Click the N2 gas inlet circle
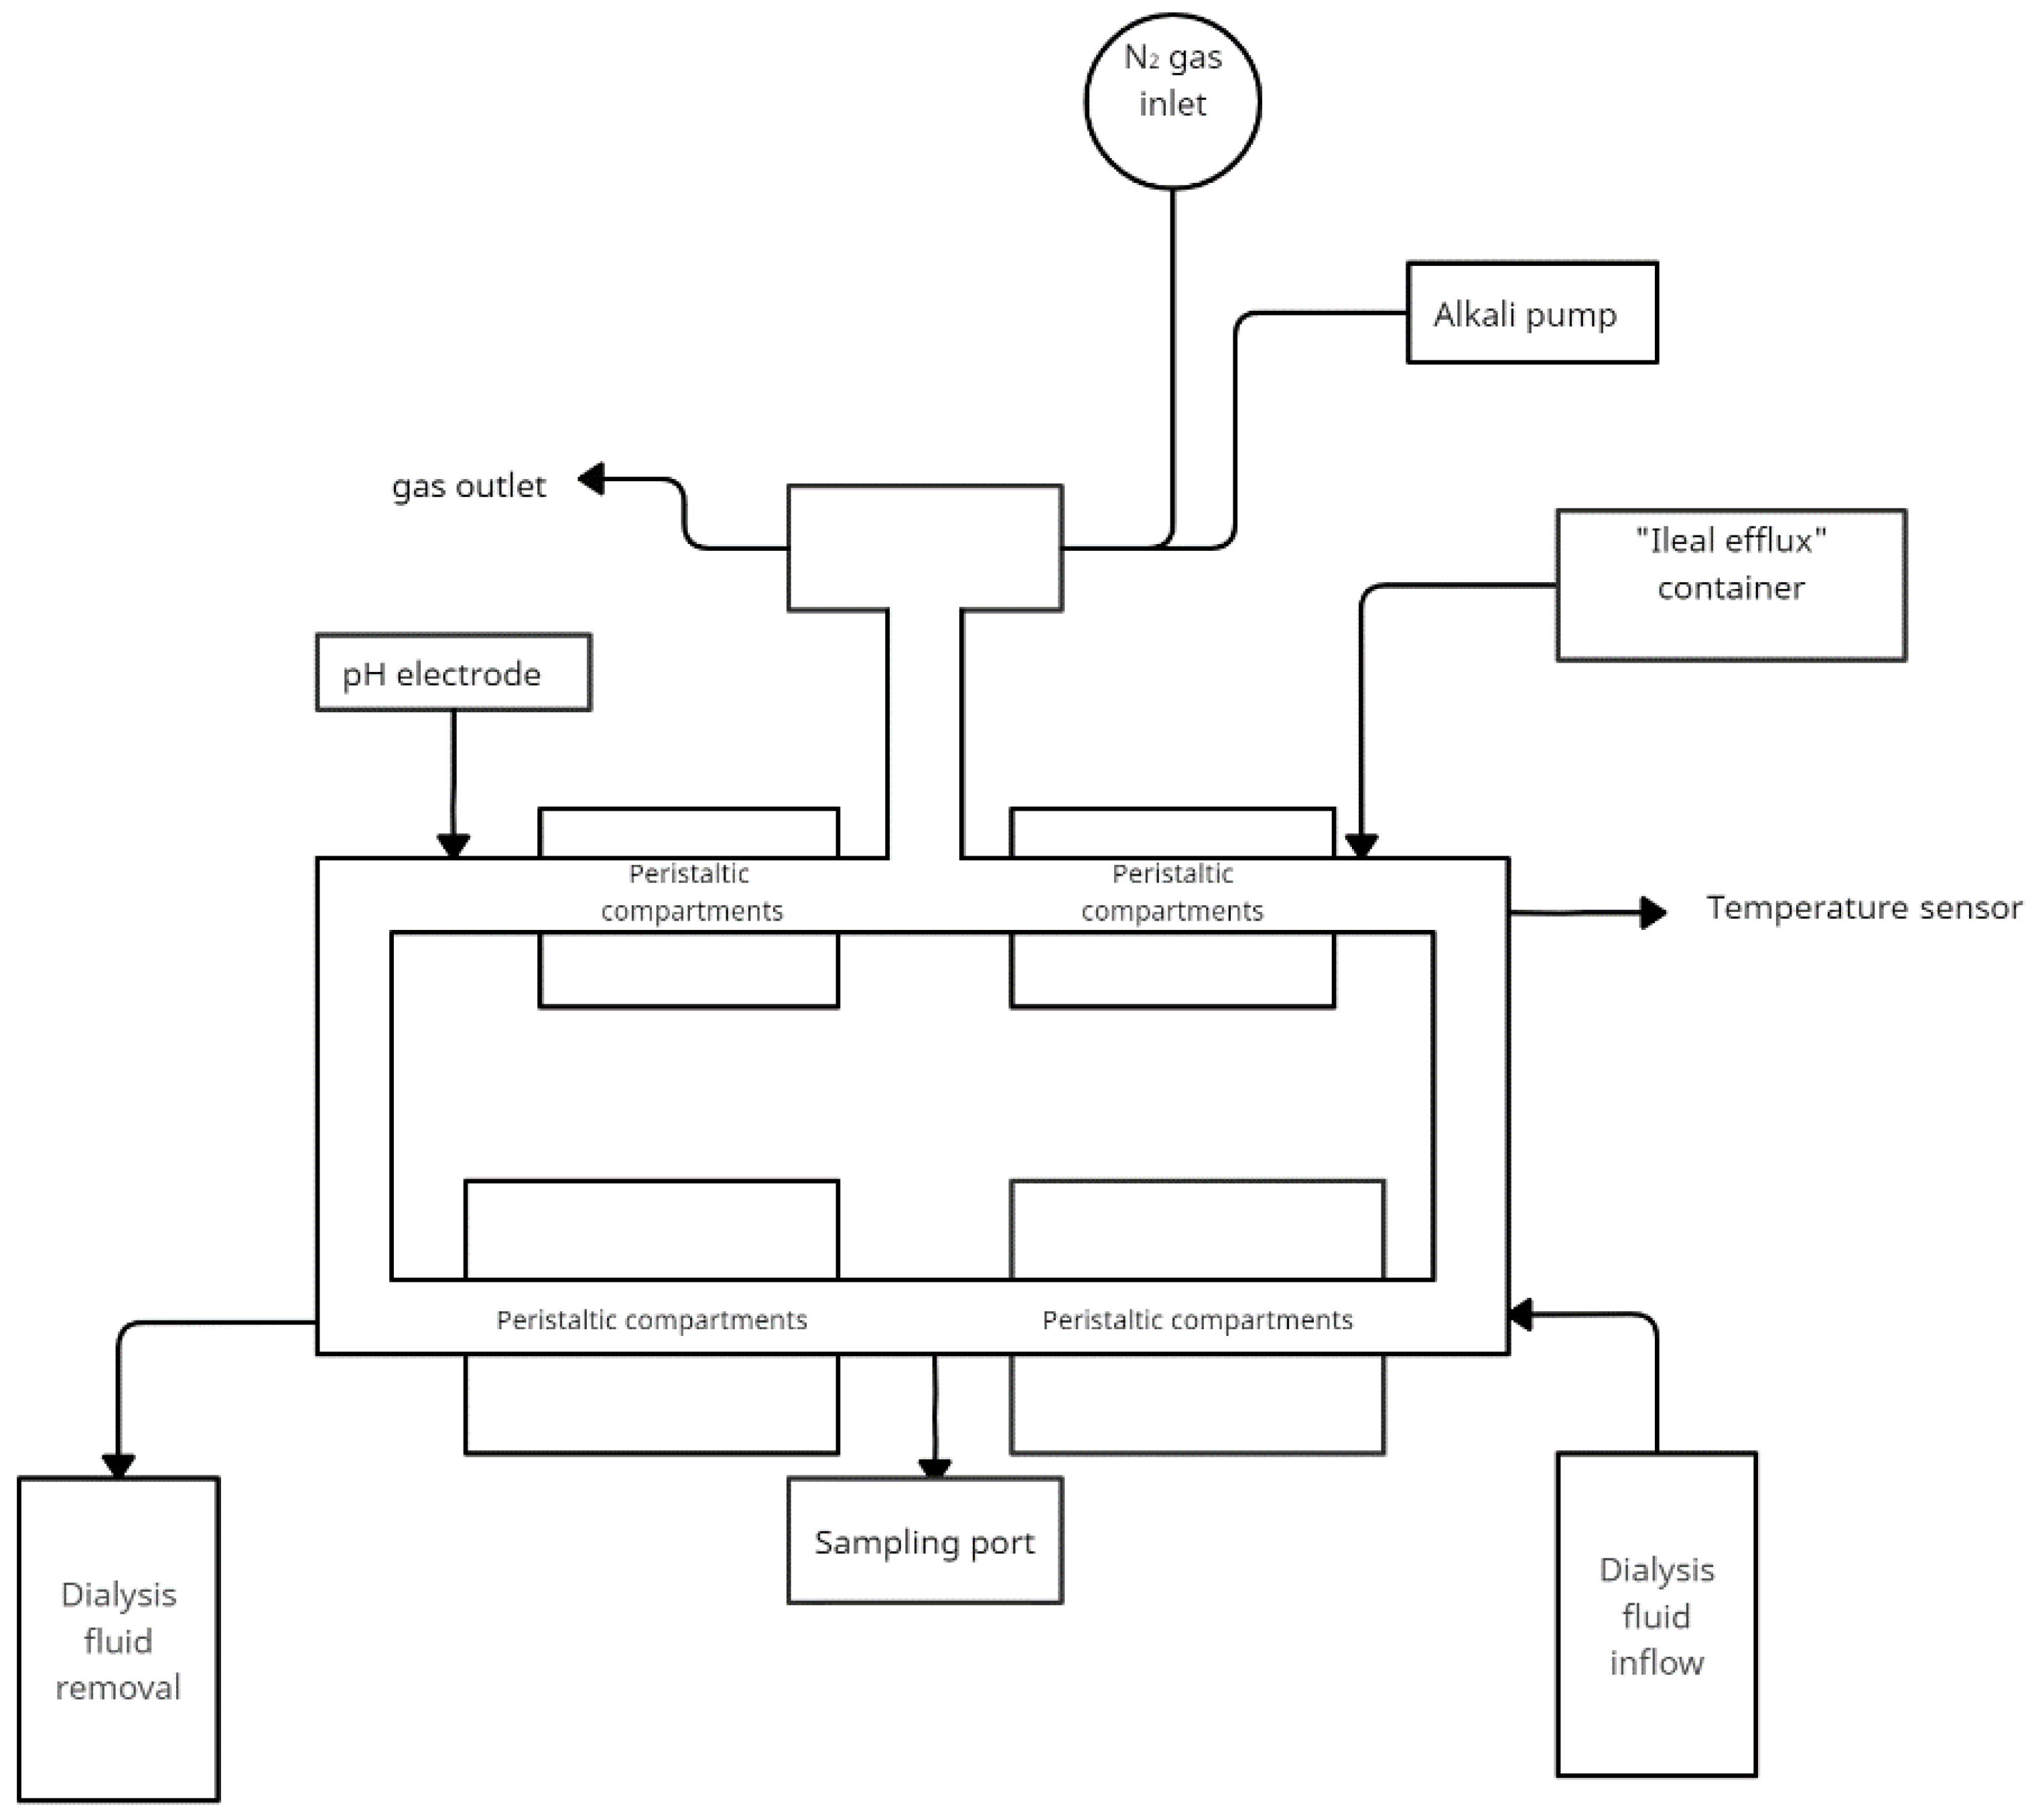tap(1172, 100)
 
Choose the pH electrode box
tap(453, 673)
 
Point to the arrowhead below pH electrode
tap(453, 846)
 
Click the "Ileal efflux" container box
tap(1731, 584)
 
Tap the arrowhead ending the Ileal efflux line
tap(1360, 846)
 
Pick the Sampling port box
tap(925, 1542)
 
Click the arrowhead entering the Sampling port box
tap(933, 1469)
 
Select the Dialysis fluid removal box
tap(119, 1640)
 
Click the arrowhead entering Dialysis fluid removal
tap(119, 1466)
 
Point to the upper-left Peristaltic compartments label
tap(691, 892)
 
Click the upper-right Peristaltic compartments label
tap(1172, 892)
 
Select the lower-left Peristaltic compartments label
tap(652, 1319)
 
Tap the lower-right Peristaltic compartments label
tap(1197, 1319)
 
